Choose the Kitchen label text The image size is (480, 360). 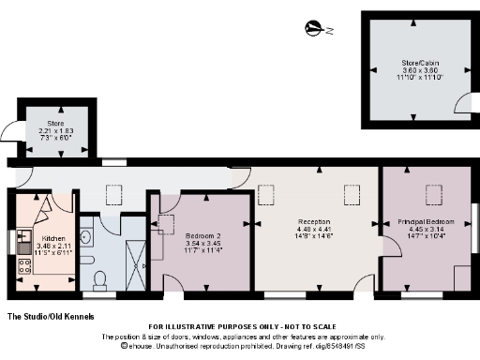(41, 238)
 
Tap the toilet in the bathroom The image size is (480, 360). (100, 278)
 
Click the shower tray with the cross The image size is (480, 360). (135, 253)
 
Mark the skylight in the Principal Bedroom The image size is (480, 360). (434, 194)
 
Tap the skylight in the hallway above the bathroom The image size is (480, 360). (114, 195)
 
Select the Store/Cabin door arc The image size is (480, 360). (413, 113)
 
